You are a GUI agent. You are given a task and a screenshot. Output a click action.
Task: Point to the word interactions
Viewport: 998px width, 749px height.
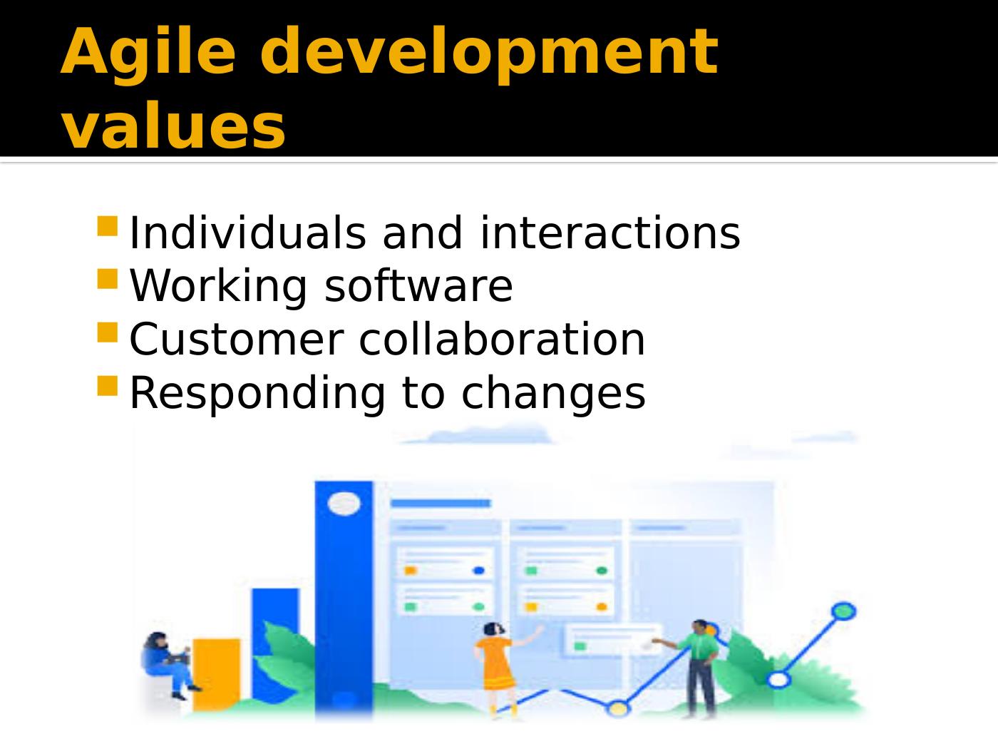610,233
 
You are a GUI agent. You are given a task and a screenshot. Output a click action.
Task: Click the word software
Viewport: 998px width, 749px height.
418,285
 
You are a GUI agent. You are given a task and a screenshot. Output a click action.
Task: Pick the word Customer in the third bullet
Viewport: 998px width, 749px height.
237,340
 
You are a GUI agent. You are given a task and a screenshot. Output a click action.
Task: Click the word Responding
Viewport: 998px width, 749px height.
257,394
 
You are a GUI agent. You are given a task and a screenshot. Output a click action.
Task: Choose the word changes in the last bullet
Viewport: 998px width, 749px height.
553,393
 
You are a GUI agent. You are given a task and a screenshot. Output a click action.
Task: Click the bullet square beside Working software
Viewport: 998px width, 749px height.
108,279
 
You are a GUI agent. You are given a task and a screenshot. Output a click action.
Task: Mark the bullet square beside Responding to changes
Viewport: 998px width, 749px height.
108,386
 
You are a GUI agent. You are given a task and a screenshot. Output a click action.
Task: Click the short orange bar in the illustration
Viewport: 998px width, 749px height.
216,674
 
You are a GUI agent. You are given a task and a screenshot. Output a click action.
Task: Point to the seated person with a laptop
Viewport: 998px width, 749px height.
168,666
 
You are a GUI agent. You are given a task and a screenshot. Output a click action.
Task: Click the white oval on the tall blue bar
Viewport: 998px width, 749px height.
344,504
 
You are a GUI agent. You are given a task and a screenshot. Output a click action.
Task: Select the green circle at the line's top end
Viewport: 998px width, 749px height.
843,611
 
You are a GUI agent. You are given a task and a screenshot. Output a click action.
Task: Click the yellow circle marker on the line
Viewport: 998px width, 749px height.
617,708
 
